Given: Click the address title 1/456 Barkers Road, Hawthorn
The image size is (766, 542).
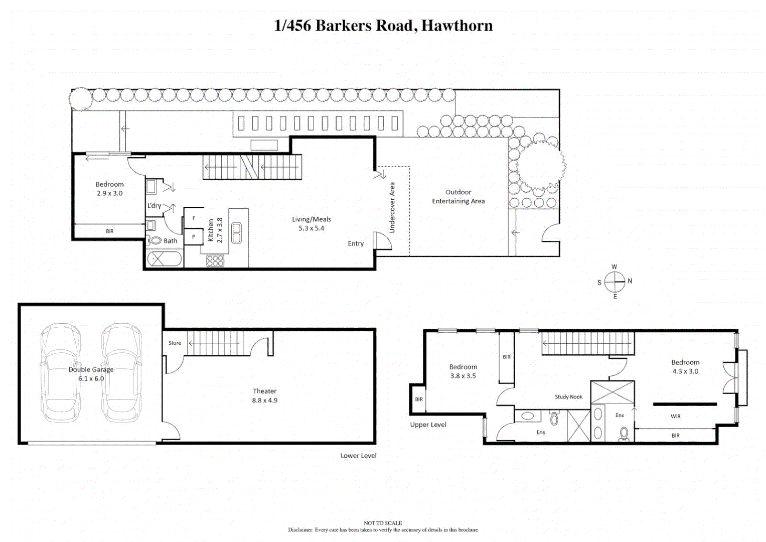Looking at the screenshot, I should click(x=383, y=26).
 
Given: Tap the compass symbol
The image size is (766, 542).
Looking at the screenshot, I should click(x=615, y=282).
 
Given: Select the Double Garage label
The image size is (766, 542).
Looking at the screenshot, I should click(x=91, y=374).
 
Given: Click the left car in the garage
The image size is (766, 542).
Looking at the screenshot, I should click(x=61, y=372).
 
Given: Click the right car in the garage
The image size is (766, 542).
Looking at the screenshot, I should click(x=121, y=372).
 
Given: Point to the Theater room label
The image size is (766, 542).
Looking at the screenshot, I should click(x=264, y=395).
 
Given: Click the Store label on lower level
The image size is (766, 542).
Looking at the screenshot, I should click(x=175, y=343).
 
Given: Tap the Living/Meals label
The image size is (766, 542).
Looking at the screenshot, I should click(x=311, y=223).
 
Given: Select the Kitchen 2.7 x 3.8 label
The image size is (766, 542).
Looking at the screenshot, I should click(x=215, y=230).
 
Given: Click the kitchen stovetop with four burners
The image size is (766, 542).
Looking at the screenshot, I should click(x=215, y=260).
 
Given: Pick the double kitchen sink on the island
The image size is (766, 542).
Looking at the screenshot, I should click(x=236, y=233).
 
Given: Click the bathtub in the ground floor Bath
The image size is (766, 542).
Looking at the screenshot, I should click(x=165, y=259).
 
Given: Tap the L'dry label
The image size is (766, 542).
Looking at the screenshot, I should click(x=154, y=205).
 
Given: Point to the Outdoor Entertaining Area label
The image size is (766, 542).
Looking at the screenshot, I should click(x=458, y=196).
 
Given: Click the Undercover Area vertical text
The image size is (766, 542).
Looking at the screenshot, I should click(x=392, y=207).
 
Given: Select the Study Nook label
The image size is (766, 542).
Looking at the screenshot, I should click(x=568, y=396).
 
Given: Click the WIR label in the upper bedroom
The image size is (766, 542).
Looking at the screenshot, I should click(x=675, y=416).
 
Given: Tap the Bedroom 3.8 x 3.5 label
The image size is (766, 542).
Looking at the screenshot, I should click(x=463, y=371).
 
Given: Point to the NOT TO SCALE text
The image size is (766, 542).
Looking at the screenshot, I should click(x=383, y=523).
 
